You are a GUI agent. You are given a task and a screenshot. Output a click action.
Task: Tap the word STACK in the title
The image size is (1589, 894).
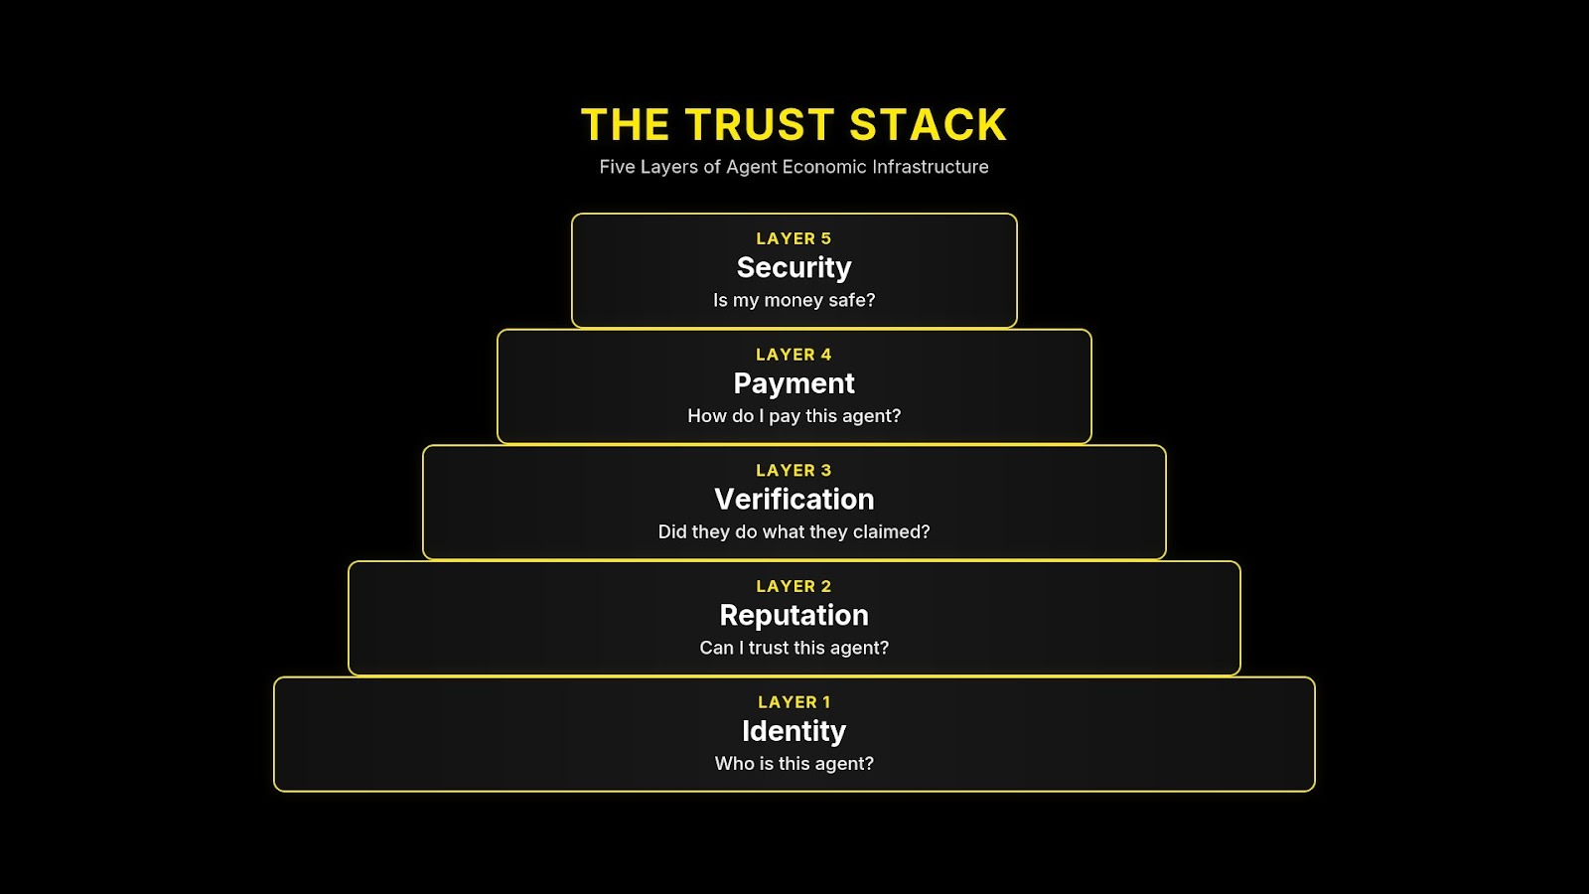coord(928,125)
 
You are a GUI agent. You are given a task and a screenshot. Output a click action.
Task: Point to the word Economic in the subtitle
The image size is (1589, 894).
coord(824,167)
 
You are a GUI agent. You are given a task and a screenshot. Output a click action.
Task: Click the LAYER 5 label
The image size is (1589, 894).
coord(794,238)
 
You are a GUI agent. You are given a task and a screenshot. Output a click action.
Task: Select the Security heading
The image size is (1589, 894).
coord(794,268)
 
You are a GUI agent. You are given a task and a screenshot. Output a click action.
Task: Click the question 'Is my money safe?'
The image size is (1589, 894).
coord(794,300)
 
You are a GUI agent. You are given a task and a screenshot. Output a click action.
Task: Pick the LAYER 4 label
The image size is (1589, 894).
coord(794,355)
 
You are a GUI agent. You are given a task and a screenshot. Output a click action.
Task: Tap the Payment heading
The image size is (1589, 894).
coord(794,383)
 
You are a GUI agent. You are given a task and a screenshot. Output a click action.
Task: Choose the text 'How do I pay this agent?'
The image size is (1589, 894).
coord(794,416)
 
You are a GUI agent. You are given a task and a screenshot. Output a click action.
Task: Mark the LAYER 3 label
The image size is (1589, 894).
coord(794,471)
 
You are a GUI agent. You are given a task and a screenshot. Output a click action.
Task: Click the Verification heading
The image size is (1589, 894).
coord(794,500)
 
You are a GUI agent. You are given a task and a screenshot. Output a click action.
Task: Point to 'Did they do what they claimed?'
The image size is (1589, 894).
coord(794,532)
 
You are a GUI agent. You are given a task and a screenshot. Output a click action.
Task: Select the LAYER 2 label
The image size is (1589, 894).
coord(794,587)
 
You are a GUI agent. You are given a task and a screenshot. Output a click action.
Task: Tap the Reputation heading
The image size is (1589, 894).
coord(794,616)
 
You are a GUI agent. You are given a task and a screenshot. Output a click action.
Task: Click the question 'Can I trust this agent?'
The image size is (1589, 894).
coord(794,648)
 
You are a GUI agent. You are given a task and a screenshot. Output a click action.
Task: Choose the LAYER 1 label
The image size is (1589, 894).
coord(794,702)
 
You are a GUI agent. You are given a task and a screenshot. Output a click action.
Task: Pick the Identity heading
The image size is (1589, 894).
coord(794,731)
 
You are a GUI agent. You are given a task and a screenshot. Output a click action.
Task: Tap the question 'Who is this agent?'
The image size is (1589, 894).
coord(794,764)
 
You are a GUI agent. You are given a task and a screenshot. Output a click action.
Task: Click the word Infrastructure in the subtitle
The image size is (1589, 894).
coord(930,167)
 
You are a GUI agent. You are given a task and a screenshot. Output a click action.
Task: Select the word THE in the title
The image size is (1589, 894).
coord(625,125)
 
